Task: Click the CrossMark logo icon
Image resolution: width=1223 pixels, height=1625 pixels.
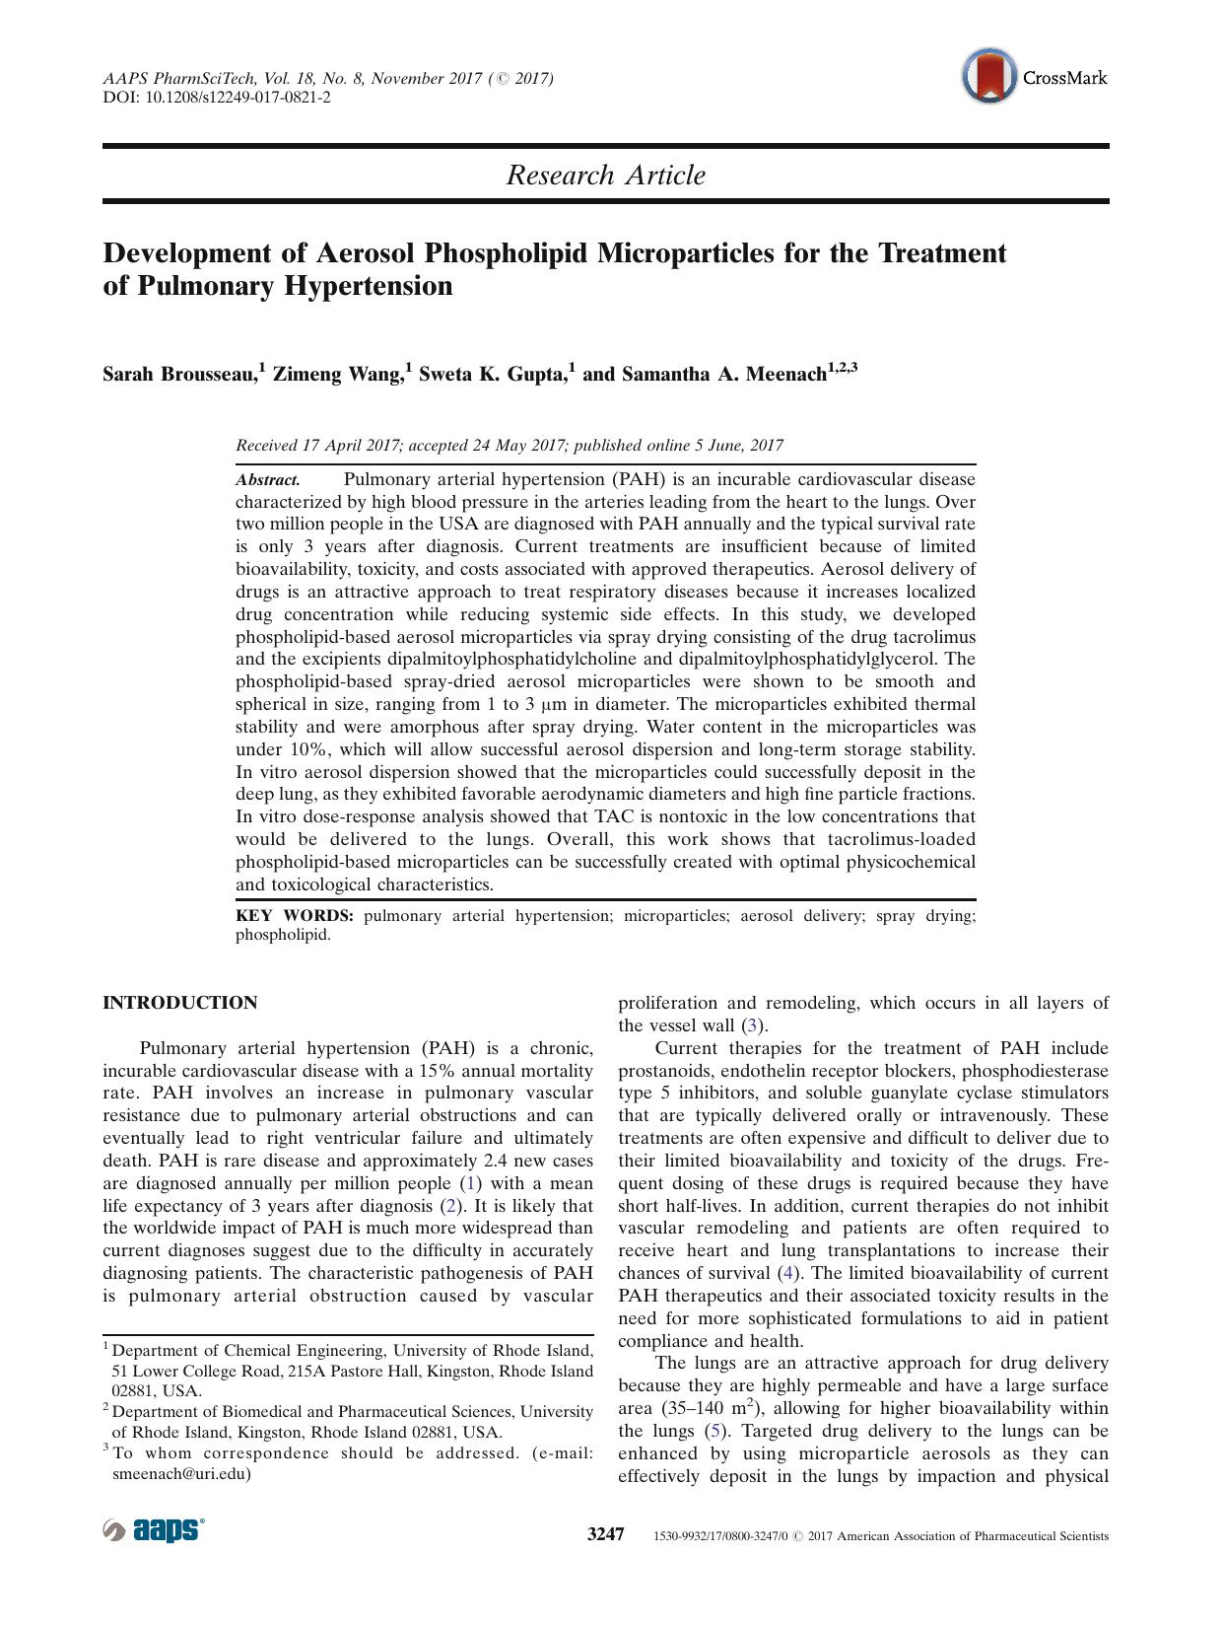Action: coord(989,77)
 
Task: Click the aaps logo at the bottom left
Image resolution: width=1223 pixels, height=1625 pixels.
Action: coord(154,1530)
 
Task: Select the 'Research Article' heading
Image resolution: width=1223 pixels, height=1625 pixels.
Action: coord(605,176)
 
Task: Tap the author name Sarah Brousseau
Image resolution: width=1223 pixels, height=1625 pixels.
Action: coord(179,375)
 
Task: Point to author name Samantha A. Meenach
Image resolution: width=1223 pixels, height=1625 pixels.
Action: coord(723,375)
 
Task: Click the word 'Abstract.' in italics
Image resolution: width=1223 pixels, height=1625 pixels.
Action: coord(267,480)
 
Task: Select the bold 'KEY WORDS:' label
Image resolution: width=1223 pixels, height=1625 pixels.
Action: coord(294,916)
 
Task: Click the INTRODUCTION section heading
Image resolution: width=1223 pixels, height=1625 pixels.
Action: coord(180,1003)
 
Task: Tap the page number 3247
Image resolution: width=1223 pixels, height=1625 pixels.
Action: coord(606,1534)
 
